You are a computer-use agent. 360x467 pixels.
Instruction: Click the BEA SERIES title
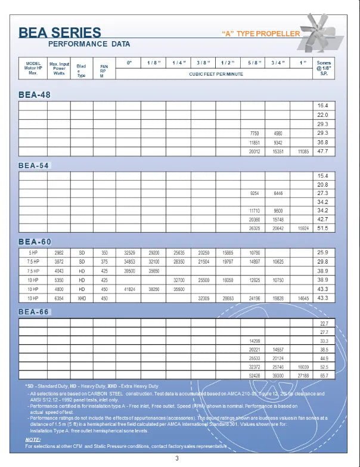[x=60, y=32]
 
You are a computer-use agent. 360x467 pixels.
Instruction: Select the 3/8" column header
[x=203, y=63]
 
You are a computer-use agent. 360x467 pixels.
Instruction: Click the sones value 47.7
[x=323, y=151]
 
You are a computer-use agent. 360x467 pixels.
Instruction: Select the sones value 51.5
[x=323, y=228]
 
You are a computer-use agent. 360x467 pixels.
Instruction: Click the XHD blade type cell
[x=82, y=298]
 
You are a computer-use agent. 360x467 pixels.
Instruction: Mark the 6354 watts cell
[x=59, y=298]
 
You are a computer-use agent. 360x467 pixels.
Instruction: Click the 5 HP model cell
[x=33, y=253]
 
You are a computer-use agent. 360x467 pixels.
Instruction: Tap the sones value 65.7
[x=324, y=375]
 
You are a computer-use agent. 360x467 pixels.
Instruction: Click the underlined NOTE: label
[x=33, y=439]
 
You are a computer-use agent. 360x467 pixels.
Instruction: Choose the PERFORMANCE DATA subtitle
[x=89, y=44]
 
